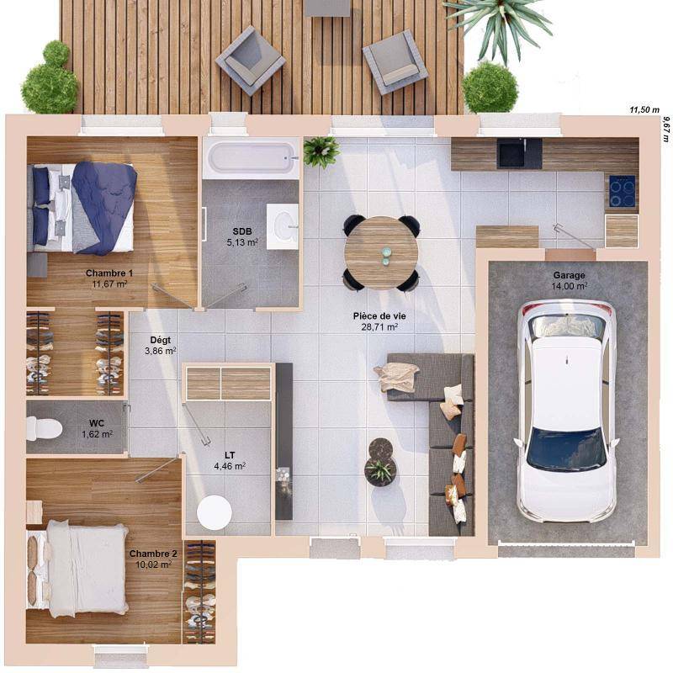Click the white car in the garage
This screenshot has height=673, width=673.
[x=566, y=411]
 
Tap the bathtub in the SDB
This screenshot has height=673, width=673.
[x=251, y=158]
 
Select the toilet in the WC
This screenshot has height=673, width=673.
[x=44, y=428]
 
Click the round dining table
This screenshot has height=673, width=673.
[x=381, y=253]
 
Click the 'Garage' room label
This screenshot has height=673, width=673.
[x=569, y=276]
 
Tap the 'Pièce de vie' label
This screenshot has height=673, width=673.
[x=379, y=316]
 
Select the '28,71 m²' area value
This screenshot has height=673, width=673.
[x=379, y=327]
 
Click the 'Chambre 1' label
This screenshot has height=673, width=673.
[x=109, y=273]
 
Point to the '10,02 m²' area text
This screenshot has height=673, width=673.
[x=153, y=564]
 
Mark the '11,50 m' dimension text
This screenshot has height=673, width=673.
[x=644, y=110]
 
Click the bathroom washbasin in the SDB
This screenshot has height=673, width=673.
[x=283, y=226]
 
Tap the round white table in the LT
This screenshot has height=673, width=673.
[x=215, y=513]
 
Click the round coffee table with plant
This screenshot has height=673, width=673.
[x=380, y=463]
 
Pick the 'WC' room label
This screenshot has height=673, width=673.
[x=97, y=424]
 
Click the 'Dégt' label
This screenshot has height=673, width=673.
[x=161, y=340]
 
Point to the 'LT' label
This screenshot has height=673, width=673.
[x=230, y=455]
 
